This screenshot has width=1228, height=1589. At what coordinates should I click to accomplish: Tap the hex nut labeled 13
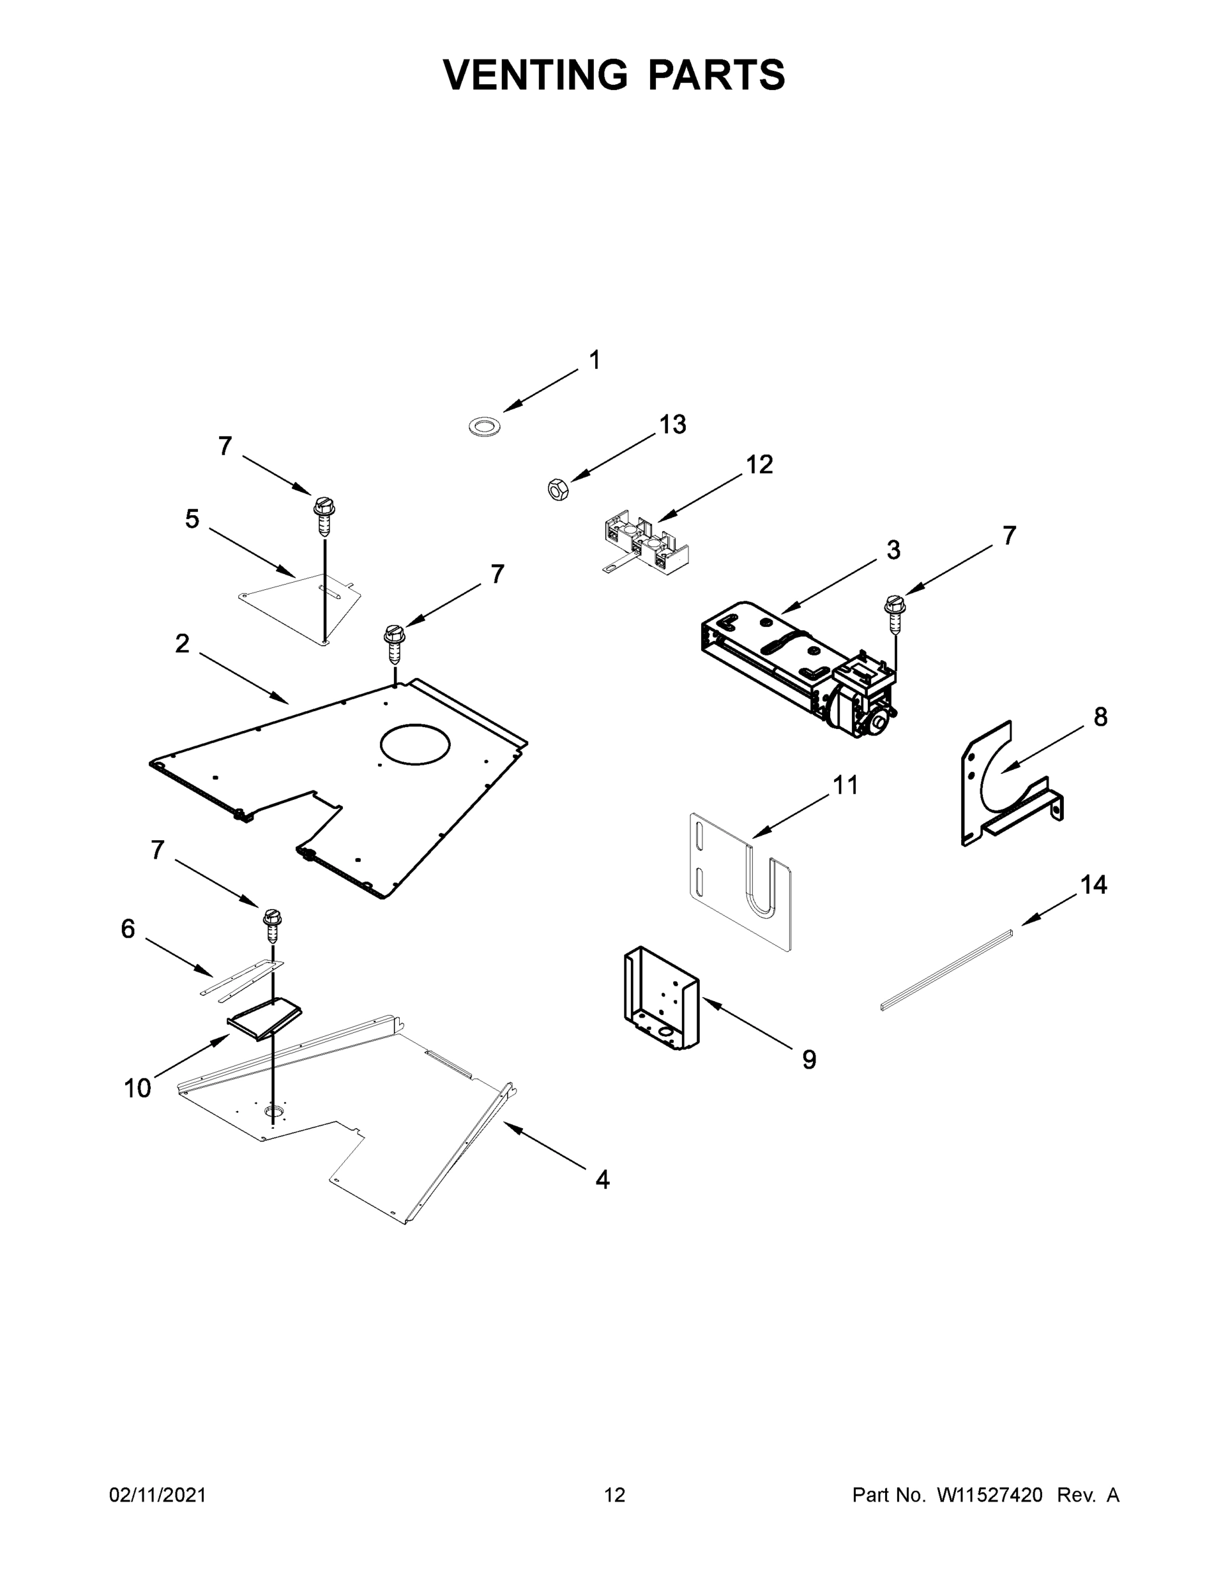pyautogui.click(x=558, y=490)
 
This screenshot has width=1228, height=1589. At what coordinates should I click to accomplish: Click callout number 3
pyautogui.click(x=893, y=550)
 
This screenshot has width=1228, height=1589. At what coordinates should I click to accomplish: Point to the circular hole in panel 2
pyautogui.click(x=414, y=744)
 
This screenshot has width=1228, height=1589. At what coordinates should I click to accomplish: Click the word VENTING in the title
pyautogui.click(x=535, y=75)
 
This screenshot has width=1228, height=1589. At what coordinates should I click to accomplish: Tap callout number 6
pyautogui.click(x=128, y=929)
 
